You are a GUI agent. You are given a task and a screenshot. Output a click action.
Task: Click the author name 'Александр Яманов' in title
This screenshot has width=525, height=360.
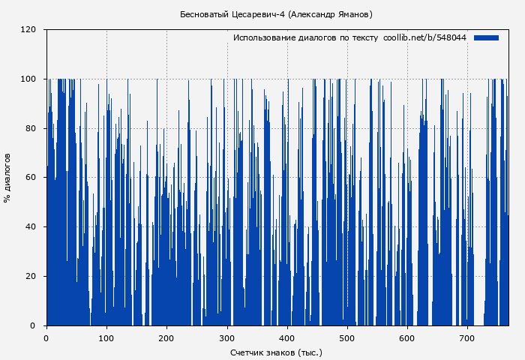[331, 14]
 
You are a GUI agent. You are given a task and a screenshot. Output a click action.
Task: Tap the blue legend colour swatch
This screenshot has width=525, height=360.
[486, 37]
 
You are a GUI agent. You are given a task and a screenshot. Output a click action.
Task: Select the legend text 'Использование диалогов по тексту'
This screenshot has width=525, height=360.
[305, 37]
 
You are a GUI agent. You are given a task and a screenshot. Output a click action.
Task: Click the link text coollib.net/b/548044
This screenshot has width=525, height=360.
[424, 37]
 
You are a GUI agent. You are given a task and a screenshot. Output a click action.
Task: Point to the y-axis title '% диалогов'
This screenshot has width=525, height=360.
[7, 178]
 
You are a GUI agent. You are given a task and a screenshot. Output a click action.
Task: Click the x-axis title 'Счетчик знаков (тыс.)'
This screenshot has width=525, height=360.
[276, 352]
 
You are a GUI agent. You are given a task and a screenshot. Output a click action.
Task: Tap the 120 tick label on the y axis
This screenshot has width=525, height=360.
[28, 30]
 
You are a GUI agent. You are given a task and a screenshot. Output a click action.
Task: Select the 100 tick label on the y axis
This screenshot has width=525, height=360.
[28, 79]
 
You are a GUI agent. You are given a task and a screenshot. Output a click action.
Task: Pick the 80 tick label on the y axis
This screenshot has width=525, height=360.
[31, 128]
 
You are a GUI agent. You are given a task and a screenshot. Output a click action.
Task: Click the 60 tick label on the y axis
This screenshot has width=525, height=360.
[31, 178]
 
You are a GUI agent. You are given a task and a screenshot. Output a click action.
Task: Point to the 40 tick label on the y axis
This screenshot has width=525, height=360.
[31, 227]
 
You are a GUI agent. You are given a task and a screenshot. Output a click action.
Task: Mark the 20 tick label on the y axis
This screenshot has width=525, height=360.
[31, 277]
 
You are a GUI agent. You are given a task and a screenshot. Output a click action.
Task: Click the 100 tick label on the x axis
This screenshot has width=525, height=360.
[106, 337]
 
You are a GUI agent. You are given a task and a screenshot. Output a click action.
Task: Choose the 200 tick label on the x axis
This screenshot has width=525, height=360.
[166, 337]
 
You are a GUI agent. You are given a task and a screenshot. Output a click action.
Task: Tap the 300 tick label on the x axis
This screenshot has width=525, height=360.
[227, 337]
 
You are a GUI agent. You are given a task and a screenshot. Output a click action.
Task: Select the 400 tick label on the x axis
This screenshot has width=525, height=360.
[287, 337]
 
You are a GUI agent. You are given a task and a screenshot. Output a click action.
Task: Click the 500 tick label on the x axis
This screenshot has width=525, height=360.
[347, 337]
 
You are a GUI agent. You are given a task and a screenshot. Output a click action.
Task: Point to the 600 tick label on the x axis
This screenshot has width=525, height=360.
[407, 337]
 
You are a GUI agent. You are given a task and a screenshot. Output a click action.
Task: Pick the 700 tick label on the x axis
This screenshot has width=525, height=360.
[467, 337]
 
